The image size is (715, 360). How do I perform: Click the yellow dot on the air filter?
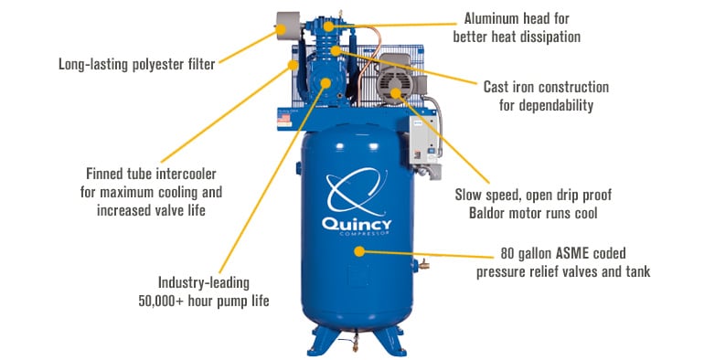click(280, 29)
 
